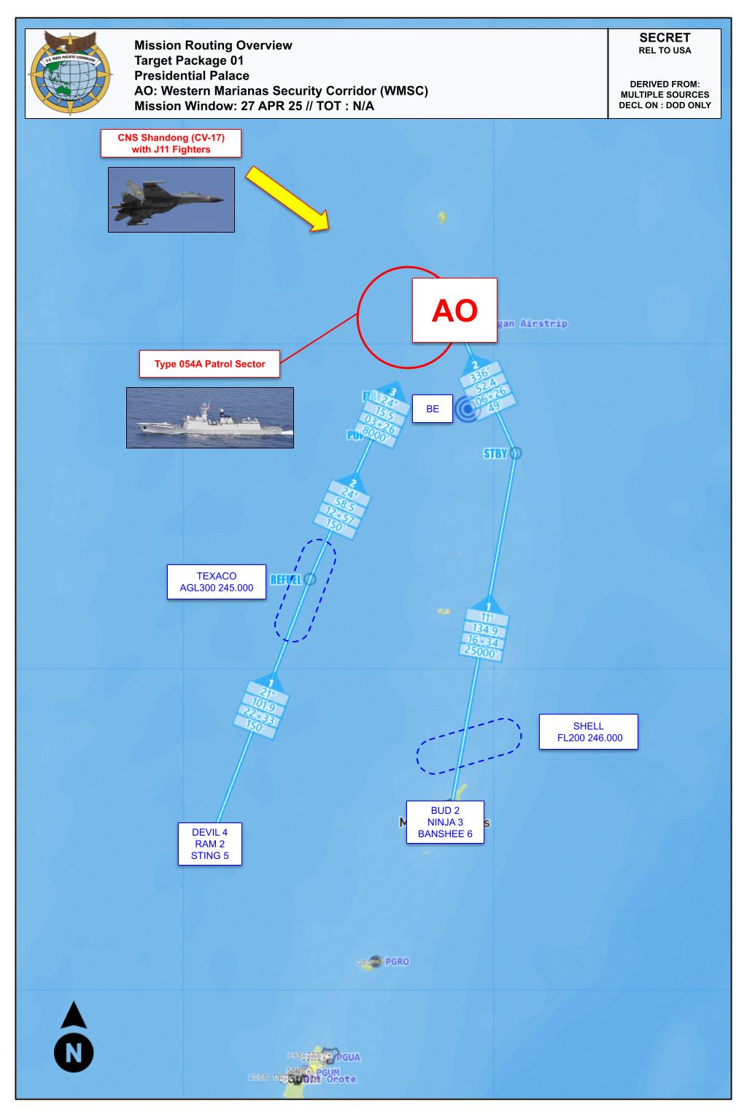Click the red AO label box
[454, 310]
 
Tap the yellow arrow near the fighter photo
[287, 199]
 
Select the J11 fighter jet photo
[171, 200]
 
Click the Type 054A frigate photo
[210, 417]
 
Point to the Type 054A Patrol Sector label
[209, 364]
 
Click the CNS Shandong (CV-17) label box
[171, 144]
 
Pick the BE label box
[433, 409]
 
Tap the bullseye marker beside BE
[466, 410]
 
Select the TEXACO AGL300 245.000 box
[216, 582]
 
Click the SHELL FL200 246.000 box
[588, 731]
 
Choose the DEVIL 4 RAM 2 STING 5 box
[209, 844]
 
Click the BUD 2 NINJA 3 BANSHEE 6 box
[445, 822]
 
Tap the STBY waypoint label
[495, 454]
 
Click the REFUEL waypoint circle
[309, 580]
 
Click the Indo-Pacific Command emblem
[71, 73]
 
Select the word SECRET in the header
[664, 38]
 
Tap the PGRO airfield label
[397, 962]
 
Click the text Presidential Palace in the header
[192, 76]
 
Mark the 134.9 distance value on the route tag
[484, 630]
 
